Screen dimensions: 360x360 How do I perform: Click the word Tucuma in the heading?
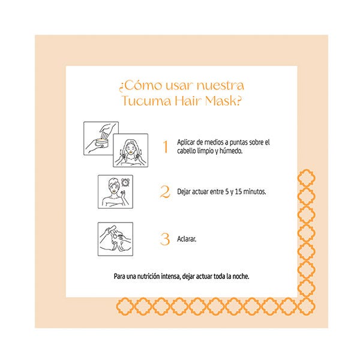(146, 101)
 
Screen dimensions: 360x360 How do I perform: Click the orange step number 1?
(166, 146)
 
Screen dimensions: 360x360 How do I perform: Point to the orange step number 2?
(165, 192)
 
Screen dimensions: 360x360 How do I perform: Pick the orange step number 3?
(165, 239)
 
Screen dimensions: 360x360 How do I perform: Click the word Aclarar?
(187, 239)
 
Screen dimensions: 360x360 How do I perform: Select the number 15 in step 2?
(238, 191)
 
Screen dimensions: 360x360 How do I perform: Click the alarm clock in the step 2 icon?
(125, 182)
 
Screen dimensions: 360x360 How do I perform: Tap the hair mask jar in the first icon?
(101, 143)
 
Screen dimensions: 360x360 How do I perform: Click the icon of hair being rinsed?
(115, 239)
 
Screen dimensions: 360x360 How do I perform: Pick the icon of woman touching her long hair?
(130, 151)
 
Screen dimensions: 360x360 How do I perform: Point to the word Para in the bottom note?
(119, 276)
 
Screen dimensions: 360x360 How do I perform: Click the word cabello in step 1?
(187, 151)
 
